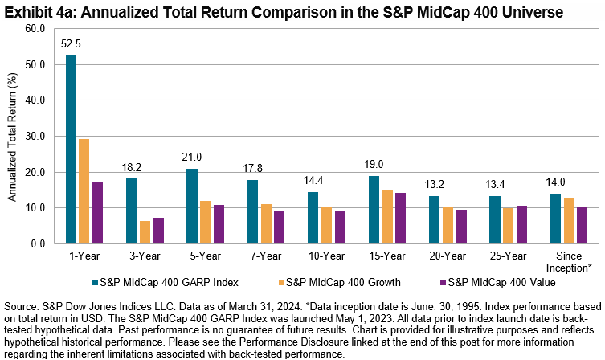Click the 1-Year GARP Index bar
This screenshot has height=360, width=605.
[72, 149]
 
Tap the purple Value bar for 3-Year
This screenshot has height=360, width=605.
[158, 231]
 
